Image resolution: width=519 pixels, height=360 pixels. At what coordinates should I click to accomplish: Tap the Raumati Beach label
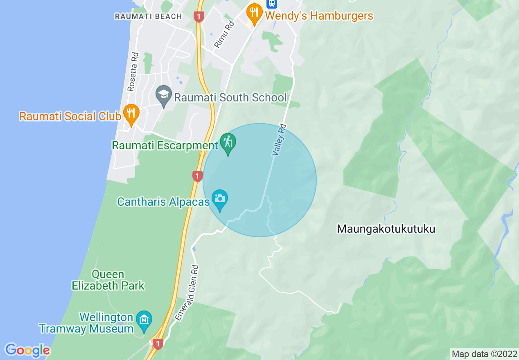tap(148, 16)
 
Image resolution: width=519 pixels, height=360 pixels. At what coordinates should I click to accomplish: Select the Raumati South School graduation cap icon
tap(164, 95)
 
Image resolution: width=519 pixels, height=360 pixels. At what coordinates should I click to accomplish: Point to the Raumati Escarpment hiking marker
tap(228, 143)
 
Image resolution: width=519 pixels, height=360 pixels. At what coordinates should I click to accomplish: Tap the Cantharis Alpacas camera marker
tap(220, 199)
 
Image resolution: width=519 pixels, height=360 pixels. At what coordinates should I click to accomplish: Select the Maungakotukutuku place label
tap(386, 229)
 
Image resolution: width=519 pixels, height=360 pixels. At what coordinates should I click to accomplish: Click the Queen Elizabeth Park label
tap(108, 280)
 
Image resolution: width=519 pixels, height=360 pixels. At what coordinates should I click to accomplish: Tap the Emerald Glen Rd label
tap(187, 292)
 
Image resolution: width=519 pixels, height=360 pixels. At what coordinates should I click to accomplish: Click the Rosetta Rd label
tap(133, 72)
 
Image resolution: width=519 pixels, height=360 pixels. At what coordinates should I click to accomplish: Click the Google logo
tap(27, 350)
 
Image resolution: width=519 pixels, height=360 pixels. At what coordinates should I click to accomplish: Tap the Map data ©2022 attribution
tap(483, 354)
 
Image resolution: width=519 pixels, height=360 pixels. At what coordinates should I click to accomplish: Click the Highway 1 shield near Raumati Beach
tap(199, 17)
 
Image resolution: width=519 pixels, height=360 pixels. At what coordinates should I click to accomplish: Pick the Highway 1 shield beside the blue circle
tap(197, 176)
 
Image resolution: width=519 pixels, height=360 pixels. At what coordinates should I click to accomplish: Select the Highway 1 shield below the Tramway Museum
tap(158, 344)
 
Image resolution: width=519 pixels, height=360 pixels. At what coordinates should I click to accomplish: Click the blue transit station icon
tap(271, 4)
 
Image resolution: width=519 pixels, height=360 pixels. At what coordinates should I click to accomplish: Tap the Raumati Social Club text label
tap(70, 116)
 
